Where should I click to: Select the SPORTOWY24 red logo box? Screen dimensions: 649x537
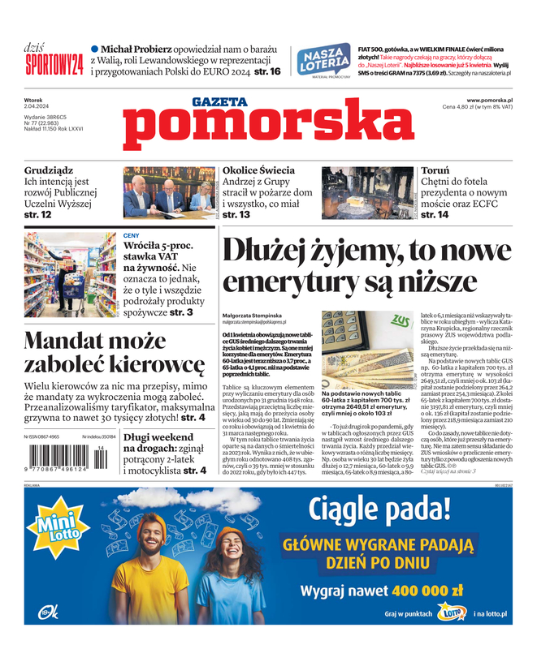(54, 65)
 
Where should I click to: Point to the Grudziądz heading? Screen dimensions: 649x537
(49, 171)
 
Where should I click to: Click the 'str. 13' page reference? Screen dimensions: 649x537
(236, 215)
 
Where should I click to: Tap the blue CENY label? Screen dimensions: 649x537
(132, 235)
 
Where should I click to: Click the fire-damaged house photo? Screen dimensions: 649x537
(367, 192)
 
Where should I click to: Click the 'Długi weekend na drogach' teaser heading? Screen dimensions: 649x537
(158, 444)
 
